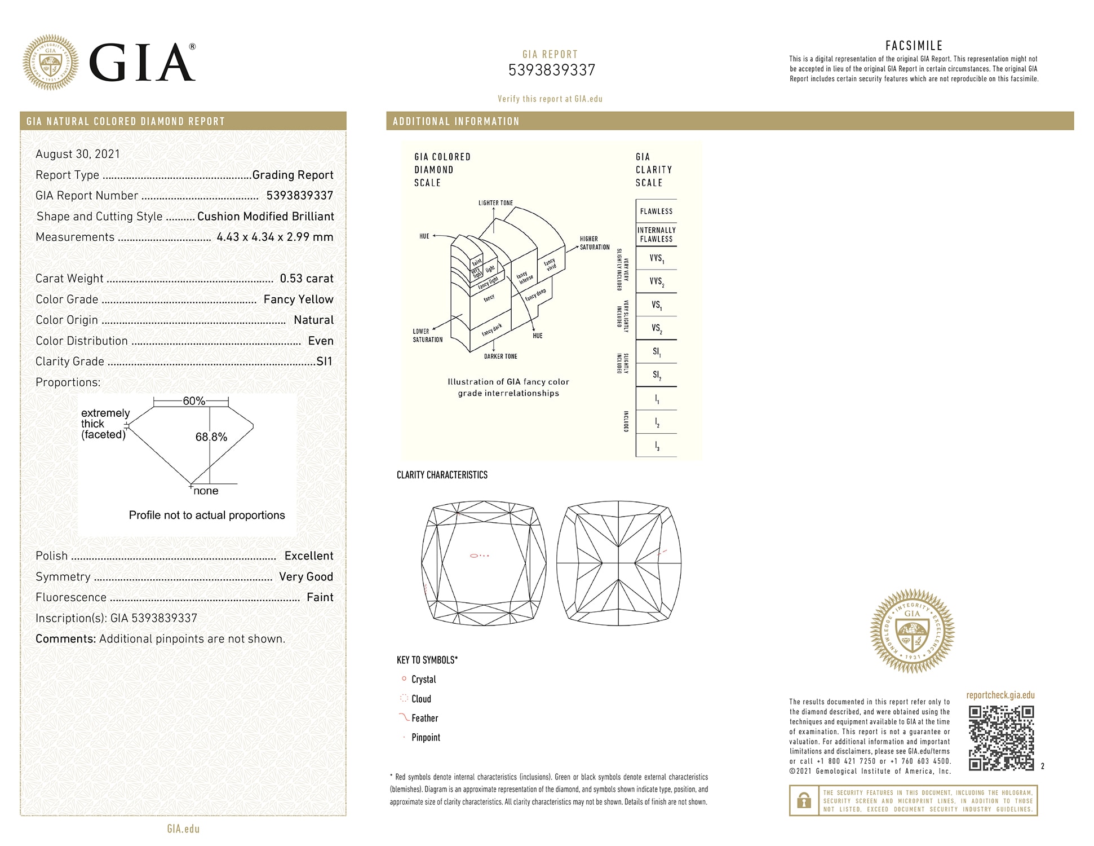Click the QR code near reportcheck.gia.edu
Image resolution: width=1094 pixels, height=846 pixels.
tap(1001, 738)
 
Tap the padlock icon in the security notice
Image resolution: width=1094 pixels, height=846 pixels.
tap(804, 800)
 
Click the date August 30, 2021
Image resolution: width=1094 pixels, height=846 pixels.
tap(78, 154)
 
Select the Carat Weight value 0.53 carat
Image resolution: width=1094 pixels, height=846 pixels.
tap(306, 279)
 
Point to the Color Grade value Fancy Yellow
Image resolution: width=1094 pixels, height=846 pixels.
tap(298, 299)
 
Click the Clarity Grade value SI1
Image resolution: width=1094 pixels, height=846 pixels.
tap(324, 362)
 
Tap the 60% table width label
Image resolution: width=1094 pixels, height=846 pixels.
tap(193, 401)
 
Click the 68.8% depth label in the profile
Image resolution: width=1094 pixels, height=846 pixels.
tap(211, 437)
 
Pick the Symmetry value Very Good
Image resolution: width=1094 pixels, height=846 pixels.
tap(305, 576)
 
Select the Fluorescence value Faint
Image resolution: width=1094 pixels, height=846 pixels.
tap(320, 597)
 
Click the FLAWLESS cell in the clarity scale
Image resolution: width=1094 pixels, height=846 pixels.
tap(656, 211)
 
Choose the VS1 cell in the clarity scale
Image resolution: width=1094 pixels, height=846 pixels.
tap(657, 305)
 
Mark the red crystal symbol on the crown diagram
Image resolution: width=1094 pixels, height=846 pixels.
tap(474, 556)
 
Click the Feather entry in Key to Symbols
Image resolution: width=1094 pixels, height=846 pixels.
tap(424, 718)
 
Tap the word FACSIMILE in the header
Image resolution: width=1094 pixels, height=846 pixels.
tap(914, 46)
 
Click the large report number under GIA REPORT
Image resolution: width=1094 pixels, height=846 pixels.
tap(551, 70)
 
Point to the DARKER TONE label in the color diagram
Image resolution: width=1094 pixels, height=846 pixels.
tap(501, 356)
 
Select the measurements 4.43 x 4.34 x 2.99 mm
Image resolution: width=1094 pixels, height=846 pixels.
tap(274, 237)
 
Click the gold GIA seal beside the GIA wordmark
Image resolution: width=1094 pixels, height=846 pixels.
tap(51, 62)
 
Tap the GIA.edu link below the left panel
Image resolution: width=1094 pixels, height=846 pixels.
tap(183, 829)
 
